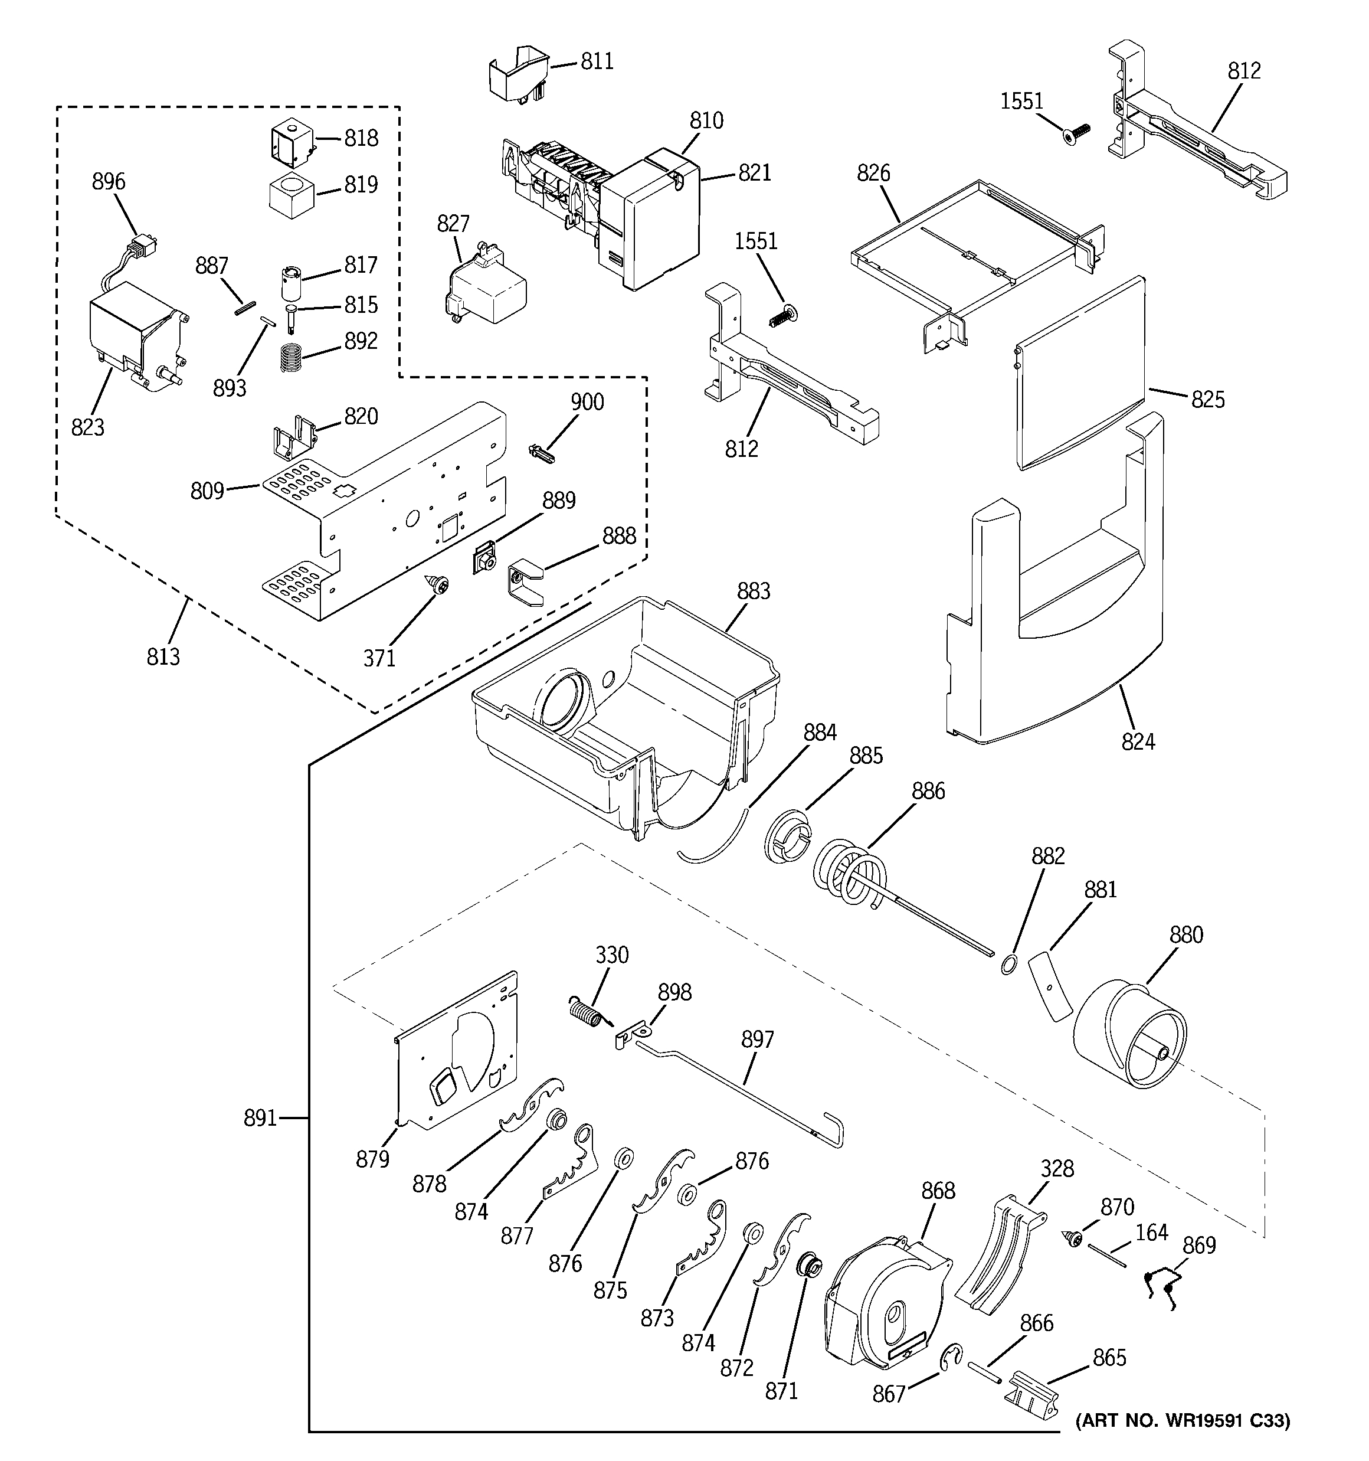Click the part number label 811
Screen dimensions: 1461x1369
(x=597, y=62)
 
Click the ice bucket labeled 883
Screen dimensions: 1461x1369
(x=625, y=705)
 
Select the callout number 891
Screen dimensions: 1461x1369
(x=260, y=1119)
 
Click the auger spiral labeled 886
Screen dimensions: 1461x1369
(x=853, y=875)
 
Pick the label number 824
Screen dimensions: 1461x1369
(x=1138, y=742)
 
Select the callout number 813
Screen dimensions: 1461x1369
(x=162, y=656)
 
